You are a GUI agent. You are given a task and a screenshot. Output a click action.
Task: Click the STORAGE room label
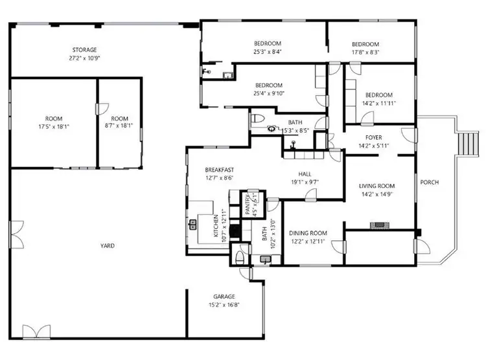[84, 50]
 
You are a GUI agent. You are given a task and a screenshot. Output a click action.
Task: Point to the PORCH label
[430, 183]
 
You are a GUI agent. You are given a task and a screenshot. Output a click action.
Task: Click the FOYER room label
[373, 137]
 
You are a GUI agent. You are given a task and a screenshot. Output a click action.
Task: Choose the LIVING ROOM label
[377, 186]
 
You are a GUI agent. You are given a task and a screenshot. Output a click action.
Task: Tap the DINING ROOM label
[308, 233]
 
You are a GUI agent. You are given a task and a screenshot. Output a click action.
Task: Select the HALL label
[305, 174]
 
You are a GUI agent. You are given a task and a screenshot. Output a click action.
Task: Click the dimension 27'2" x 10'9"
[84, 58]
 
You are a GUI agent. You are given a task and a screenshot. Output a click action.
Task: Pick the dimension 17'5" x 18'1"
[54, 126]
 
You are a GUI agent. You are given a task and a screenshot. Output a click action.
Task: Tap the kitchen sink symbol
[192, 225]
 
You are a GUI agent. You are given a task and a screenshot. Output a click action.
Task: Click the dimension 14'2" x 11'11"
[378, 102]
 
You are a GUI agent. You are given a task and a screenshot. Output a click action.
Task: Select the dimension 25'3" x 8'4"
[268, 52]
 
